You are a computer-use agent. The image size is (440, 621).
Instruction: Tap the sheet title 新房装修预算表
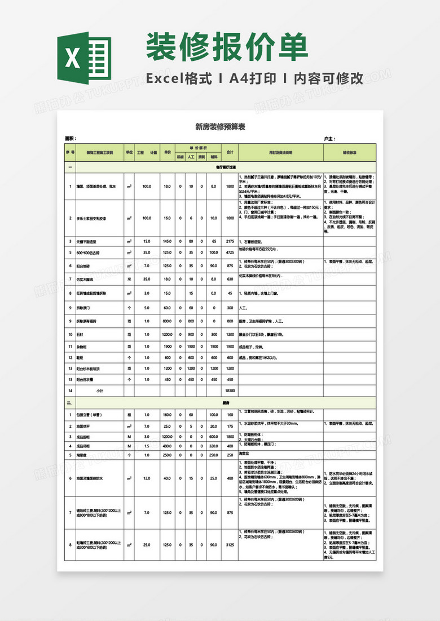coord(219,127)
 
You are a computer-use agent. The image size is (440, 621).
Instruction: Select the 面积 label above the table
coord(71,139)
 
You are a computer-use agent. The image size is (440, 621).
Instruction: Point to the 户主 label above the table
coord(329,139)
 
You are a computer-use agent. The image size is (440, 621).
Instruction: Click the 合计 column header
coord(230,152)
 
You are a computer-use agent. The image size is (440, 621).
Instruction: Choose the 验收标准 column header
coord(350,152)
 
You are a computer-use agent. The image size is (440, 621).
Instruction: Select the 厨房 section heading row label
coord(226,403)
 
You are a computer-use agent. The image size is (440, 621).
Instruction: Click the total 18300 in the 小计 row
coord(230,390)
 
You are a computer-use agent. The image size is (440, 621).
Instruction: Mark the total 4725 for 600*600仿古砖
coord(230,252)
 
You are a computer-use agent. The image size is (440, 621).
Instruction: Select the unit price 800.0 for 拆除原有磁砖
coord(167,321)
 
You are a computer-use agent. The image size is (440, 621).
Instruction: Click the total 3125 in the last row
coord(230,545)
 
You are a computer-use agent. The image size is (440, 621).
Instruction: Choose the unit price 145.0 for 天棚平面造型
coord(167,241)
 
